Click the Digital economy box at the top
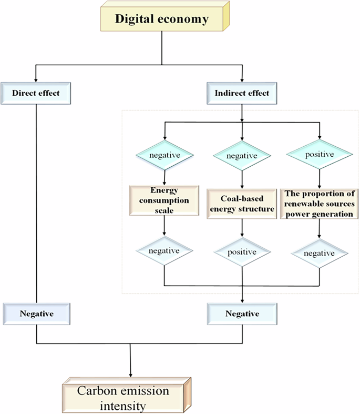pyautogui.click(x=162, y=20)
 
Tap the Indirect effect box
pyautogui.click(x=242, y=94)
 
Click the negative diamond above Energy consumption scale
pyautogui.click(x=165, y=156)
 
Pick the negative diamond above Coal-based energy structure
pyautogui.click(x=242, y=156)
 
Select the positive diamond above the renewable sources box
pyautogui.click(x=319, y=156)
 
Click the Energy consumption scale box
pyautogui.click(x=165, y=200)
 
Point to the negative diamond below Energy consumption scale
pyautogui.click(x=165, y=251)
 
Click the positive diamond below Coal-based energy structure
pyautogui.click(x=242, y=252)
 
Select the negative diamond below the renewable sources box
pyautogui.click(x=319, y=253)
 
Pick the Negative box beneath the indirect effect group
pyautogui.click(x=242, y=314)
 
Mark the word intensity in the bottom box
pyautogui.click(x=124, y=406)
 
